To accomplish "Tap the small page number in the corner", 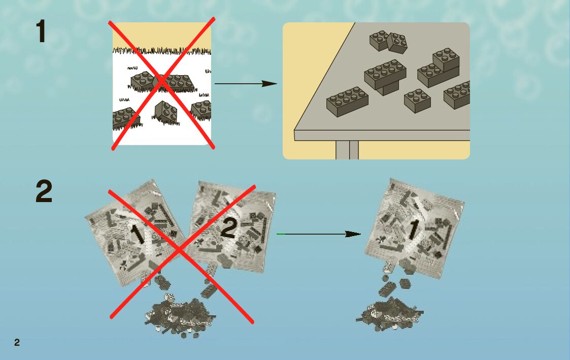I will point(17,342).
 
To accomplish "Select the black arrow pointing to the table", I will point(246,83).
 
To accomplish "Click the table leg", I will point(347,150).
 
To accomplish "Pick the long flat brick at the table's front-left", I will point(347,101).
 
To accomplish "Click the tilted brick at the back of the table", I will point(397,44).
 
